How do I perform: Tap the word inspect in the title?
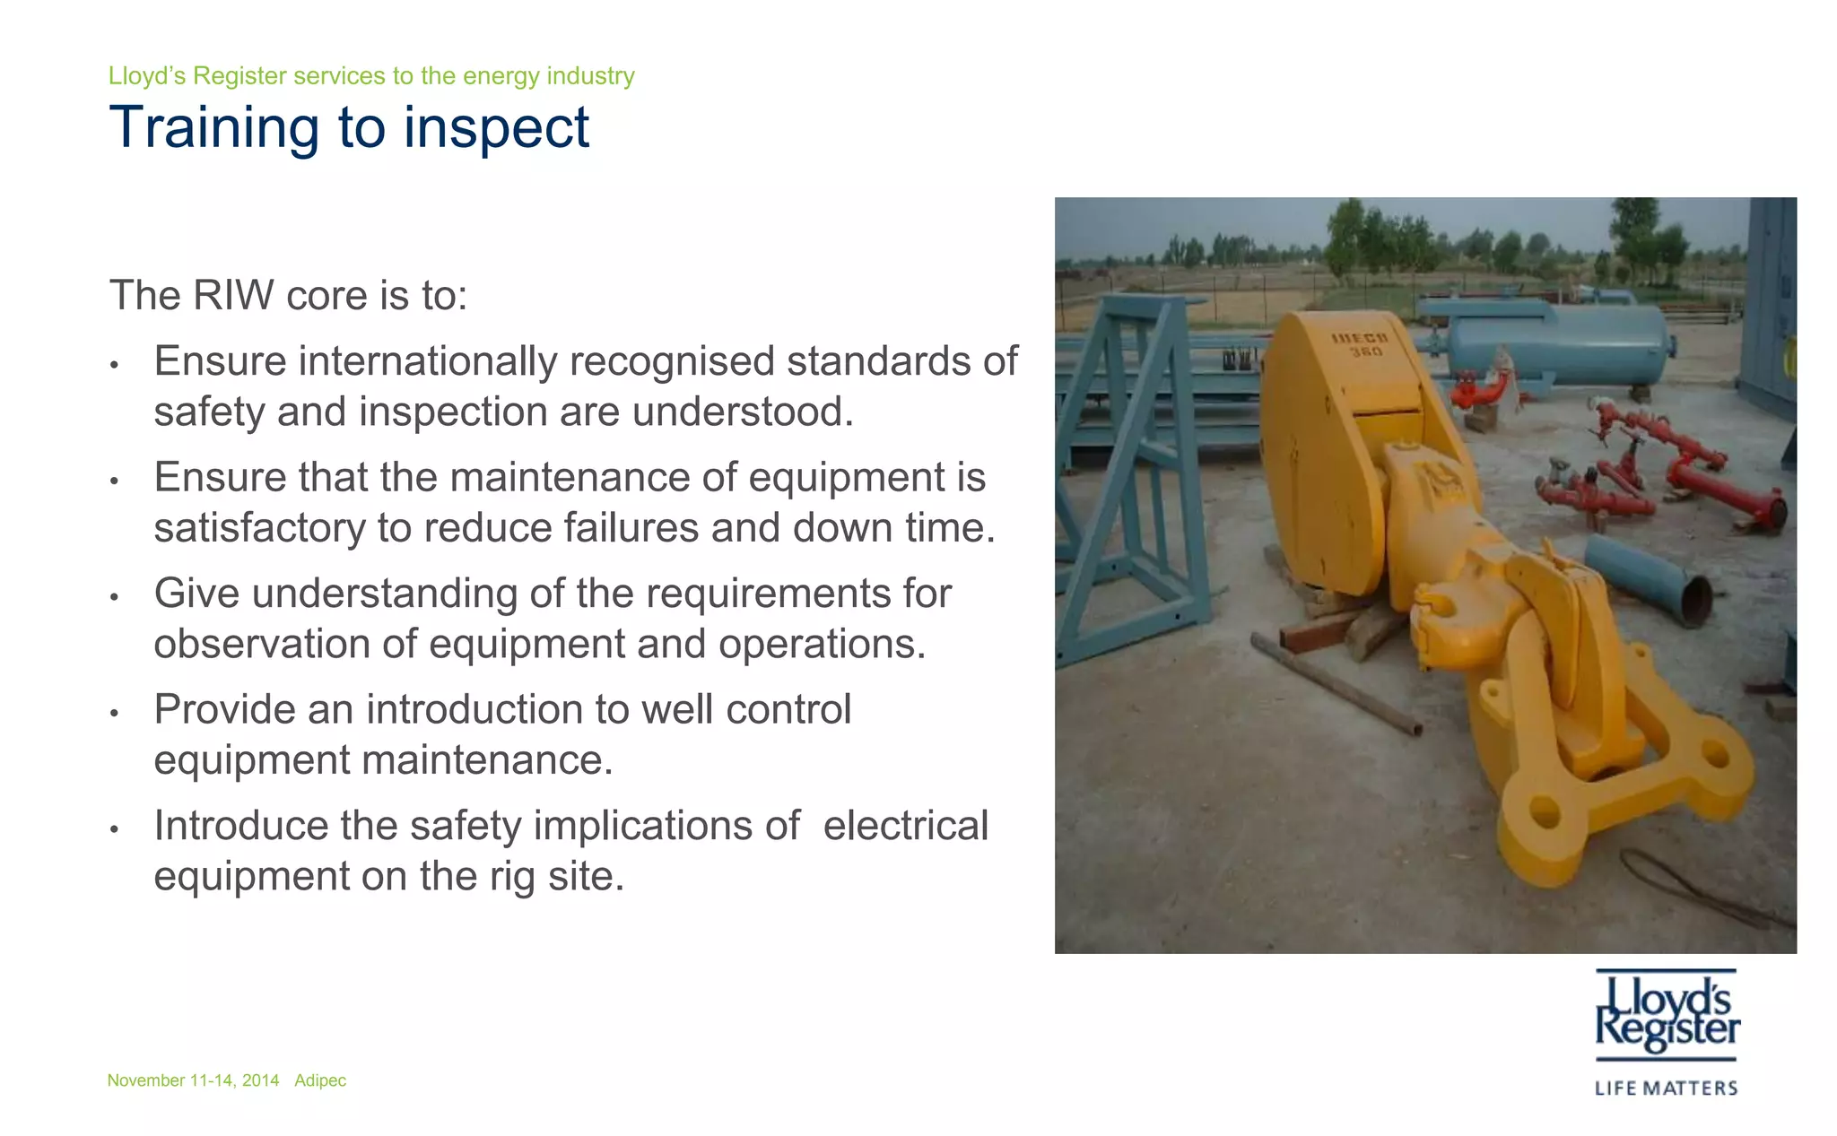coord(496,127)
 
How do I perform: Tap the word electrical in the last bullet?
coord(905,825)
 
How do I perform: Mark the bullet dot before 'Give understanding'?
coord(114,596)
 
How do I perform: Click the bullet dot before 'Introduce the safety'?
coord(114,828)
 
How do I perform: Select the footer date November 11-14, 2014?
coord(193,1080)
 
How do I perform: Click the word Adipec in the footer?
coord(320,1080)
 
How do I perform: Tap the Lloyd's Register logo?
coord(1667,1013)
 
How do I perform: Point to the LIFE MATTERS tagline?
coord(1667,1088)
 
